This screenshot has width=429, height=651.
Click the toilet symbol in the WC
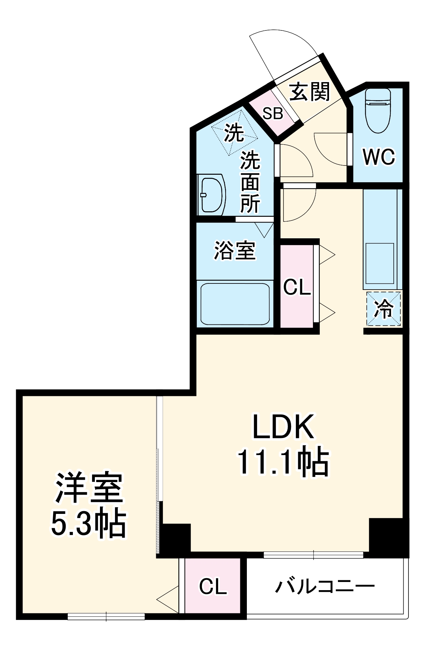(x=378, y=111)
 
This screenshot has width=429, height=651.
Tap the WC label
(x=379, y=157)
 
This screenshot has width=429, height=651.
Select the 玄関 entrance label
(x=310, y=92)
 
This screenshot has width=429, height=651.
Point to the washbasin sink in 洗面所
(x=212, y=195)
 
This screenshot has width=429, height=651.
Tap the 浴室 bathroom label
(x=235, y=251)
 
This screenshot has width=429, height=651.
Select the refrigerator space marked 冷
(x=383, y=309)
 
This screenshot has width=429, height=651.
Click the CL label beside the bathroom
(x=296, y=287)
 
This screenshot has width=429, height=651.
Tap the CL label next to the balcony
(x=213, y=587)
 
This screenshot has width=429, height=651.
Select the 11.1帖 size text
(x=283, y=462)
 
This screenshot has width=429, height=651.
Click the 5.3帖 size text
(x=89, y=524)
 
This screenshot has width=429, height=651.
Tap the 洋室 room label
(x=89, y=488)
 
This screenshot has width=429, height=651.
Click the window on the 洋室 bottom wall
(x=106, y=616)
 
